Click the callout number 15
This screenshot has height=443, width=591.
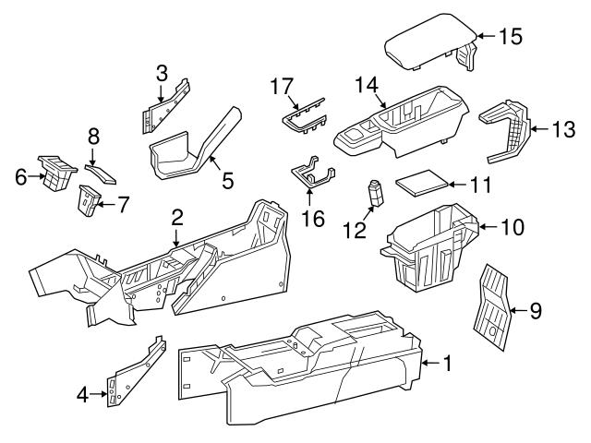(x=510, y=37)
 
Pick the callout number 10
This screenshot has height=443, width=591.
(x=511, y=225)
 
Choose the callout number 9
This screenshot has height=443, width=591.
(x=535, y=311)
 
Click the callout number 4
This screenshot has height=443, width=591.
(x=82, y=396)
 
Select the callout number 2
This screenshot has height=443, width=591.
(x=176, y=218)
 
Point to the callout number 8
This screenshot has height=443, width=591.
(x=93, y=136)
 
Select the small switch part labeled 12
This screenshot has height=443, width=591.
(x=375, y=195)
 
